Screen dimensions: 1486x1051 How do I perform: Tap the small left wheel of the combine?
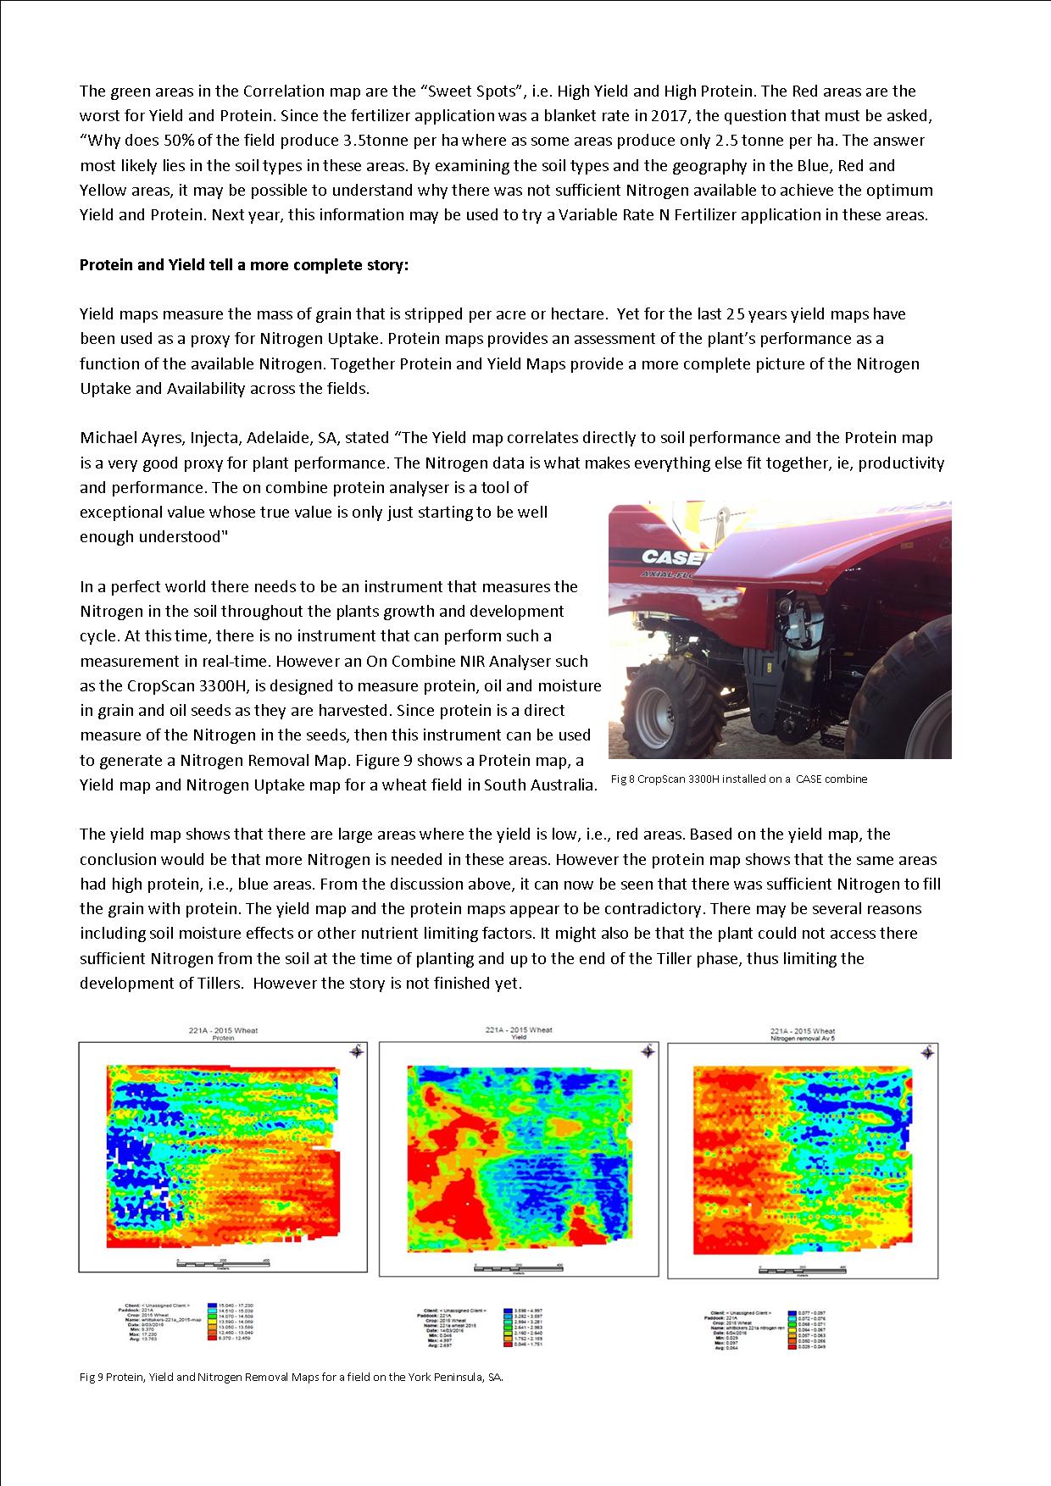656,704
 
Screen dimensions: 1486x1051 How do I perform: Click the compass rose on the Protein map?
357,1051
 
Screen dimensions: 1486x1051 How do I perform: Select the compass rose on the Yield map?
648,1051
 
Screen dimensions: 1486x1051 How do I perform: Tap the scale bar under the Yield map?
517,1267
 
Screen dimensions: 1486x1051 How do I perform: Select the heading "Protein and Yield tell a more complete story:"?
244,265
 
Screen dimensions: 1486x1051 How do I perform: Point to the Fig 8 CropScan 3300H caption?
738,779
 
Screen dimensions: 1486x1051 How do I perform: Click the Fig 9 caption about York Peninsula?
292,1377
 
